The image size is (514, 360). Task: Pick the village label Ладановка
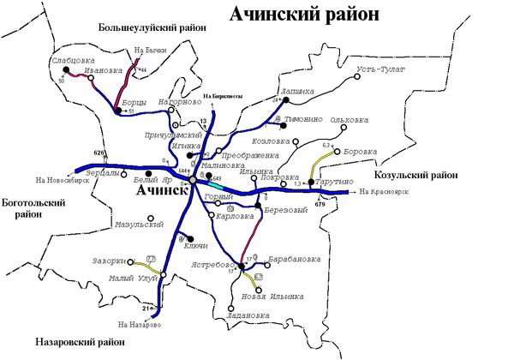pos(251,315)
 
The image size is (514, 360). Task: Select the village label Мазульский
pos(139,225)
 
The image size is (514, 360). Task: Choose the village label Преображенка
pos(250,156)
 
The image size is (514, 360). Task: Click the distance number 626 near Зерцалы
pos(99,153)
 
